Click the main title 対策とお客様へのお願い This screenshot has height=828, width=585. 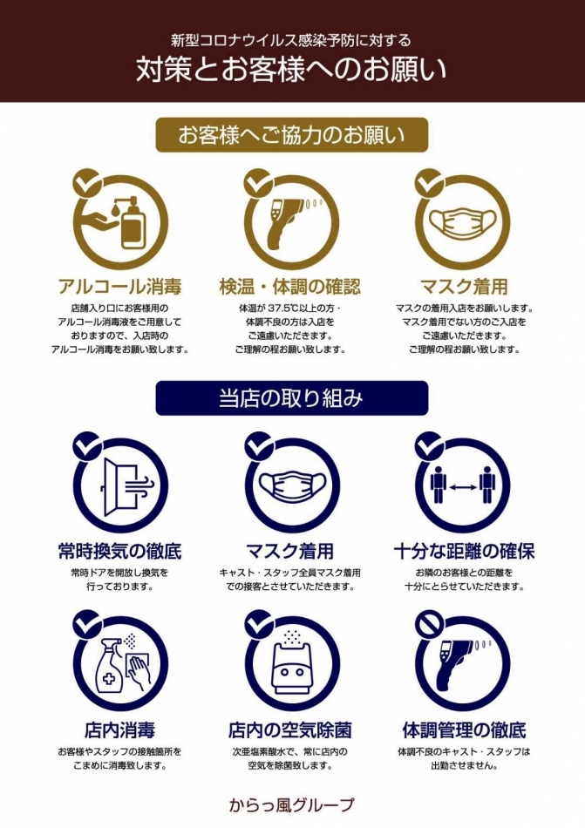(291, 69)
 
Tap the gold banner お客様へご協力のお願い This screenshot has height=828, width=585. (291, 135)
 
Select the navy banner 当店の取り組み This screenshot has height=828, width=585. (291, 398)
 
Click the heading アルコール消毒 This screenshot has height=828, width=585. (119, 286)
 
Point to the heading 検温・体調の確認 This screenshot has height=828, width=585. (289, 286)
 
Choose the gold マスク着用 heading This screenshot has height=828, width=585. (464, 286)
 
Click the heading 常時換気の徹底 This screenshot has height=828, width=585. (119, 551)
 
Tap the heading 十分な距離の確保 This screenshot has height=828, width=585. (464, 551)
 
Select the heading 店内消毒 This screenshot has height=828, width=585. (119, 730)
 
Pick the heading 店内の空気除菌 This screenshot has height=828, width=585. (289, 730)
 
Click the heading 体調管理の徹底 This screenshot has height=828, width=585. (464, 730)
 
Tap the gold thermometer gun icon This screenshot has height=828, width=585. (287, 223)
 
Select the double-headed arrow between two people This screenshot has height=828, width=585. (463, 486)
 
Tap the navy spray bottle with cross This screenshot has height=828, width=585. (109, 664)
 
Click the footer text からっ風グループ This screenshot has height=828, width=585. (291, 804)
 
